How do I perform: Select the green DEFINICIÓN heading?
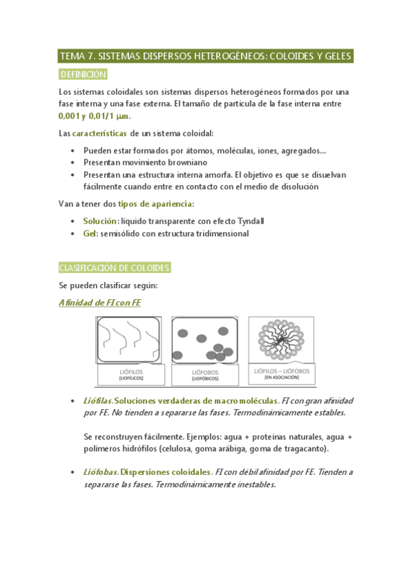coord(83,75)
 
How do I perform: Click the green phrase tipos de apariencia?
coord(156,204)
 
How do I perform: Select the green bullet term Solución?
coord(99,221)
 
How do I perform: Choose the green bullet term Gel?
coord(90,233)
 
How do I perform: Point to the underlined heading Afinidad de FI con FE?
coord(99,303)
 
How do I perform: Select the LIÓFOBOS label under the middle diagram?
coord(204,372)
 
